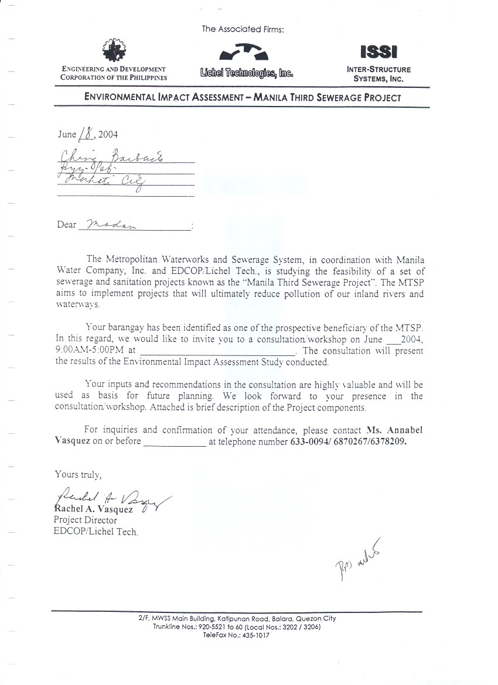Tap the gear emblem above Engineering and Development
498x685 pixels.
pos(114,50)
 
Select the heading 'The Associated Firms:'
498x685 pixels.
pos(243,29)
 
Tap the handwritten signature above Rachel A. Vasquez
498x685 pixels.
pos(111,498)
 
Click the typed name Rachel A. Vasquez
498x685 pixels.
pos(93,509)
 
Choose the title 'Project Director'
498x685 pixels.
pos(86,520)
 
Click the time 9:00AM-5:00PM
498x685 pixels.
pos(87,351)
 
